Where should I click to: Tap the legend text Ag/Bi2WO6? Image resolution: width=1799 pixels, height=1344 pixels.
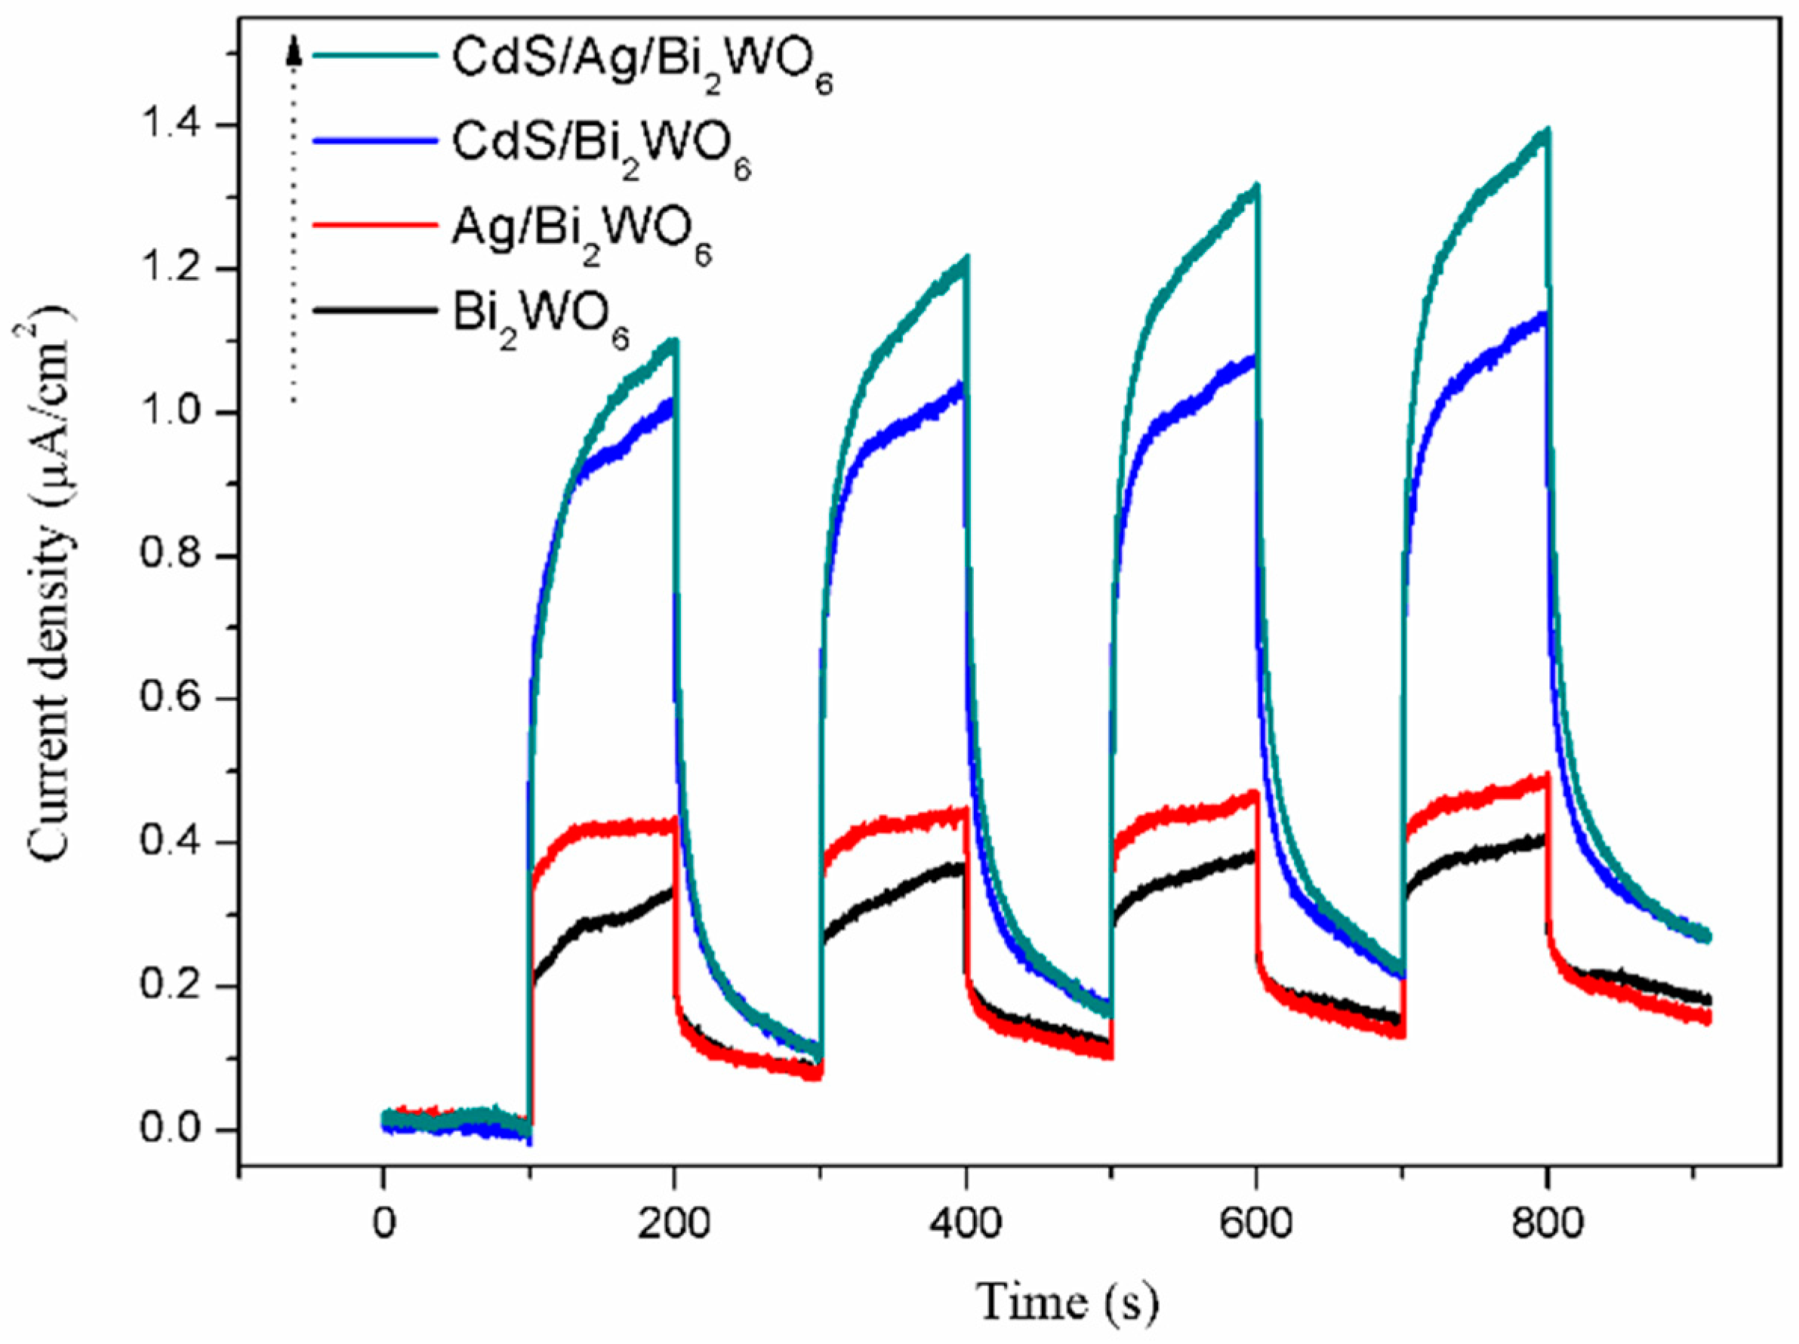tap(581, 235)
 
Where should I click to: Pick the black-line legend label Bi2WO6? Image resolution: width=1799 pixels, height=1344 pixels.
tap(541, 321)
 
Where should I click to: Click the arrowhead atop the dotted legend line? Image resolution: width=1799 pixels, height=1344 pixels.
tap(294, 54)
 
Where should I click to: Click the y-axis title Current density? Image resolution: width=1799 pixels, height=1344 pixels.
tap(51, 586)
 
